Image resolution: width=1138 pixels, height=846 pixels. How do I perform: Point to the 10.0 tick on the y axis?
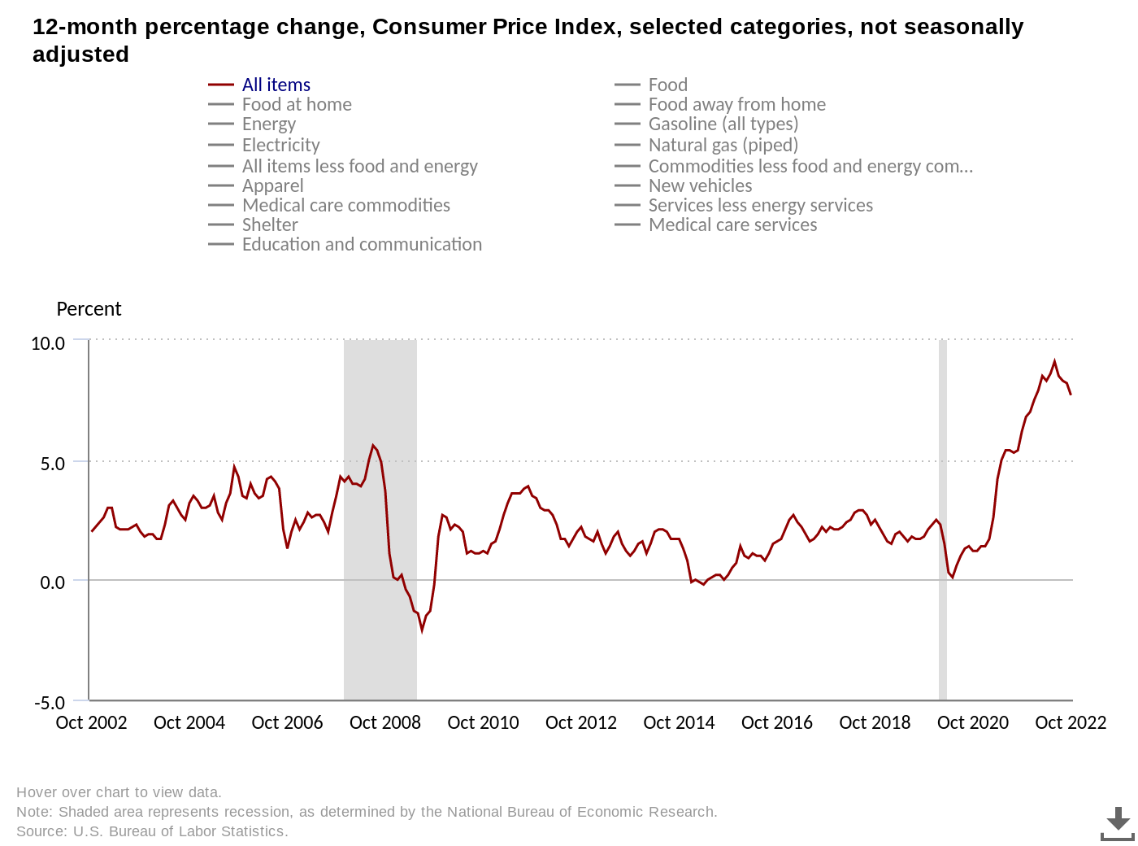[x=48, y=343]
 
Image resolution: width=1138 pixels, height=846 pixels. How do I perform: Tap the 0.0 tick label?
[x=52, y=582]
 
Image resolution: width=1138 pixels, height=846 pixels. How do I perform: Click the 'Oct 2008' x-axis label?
[x=385, y=722]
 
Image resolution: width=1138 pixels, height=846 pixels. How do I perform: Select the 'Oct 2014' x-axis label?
[x=679, y=722]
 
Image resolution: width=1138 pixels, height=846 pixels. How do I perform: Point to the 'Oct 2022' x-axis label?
[x=1071, y=722]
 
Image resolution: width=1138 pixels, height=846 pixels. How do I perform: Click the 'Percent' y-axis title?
[x=89, y=309]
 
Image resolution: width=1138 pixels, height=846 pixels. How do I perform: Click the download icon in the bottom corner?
[x=1118, y=823]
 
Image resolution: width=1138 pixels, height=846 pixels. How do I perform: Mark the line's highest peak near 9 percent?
[x=1054, y=361]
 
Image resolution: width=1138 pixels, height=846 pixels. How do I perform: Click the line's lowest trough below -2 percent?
[x=422, y=630]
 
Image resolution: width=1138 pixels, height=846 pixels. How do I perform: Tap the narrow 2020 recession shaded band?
[x=943, y=521]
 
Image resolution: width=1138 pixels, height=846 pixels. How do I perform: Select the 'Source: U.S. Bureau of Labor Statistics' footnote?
[x=152, y=831]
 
